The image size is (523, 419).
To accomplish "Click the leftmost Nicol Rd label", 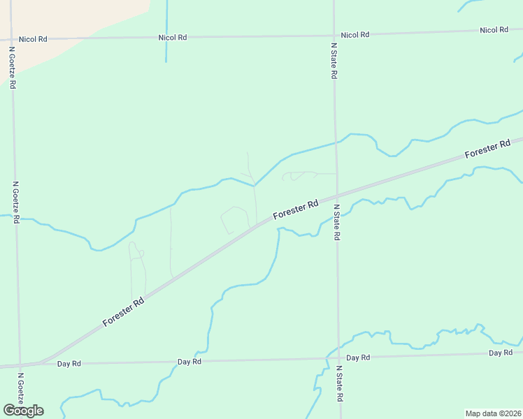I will point(32,39).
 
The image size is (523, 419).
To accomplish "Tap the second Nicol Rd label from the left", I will point(172,37).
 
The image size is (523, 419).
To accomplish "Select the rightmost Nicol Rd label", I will point(494,30).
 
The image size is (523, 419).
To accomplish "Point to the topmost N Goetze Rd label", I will point(12,68).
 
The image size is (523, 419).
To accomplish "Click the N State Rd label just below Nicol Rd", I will point(334,59).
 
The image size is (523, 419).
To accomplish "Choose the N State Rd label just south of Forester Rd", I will point(336,223).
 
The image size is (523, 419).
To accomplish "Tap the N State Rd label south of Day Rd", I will point(339,383).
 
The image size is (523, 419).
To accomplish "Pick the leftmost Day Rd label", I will point(69,364).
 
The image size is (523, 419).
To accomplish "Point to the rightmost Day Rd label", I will point(501,353).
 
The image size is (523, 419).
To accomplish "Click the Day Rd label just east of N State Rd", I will point(357,358).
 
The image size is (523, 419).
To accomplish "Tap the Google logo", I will point(23,411).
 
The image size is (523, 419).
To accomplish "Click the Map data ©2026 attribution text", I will point(493,413).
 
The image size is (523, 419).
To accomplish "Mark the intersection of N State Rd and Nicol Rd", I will point(334,34).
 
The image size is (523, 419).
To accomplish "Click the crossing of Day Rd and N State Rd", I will point(338,358).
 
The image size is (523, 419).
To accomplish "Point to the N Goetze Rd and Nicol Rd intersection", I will point(11,39).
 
